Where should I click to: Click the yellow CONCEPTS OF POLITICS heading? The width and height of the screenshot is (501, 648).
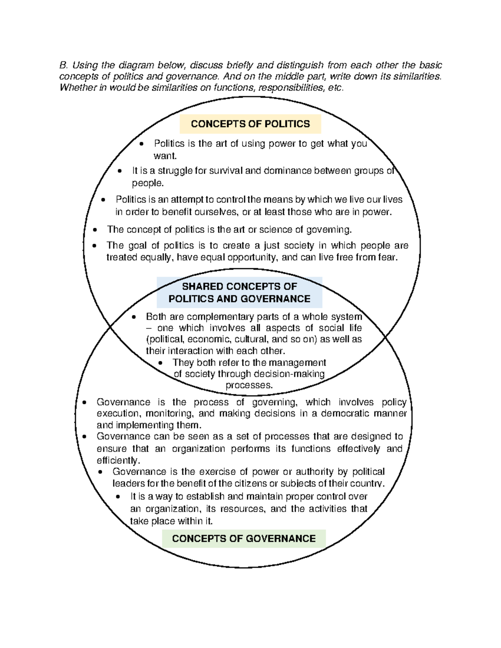tap(250, 124)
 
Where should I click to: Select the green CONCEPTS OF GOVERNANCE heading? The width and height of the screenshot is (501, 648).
tap(243, 538)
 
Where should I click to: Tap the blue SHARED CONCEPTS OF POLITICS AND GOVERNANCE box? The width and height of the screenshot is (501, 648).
tap(239, 292)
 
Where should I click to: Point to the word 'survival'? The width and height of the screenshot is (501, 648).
tap(225, 171)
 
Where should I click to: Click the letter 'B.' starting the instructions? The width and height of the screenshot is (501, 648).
tap(63, 65)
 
